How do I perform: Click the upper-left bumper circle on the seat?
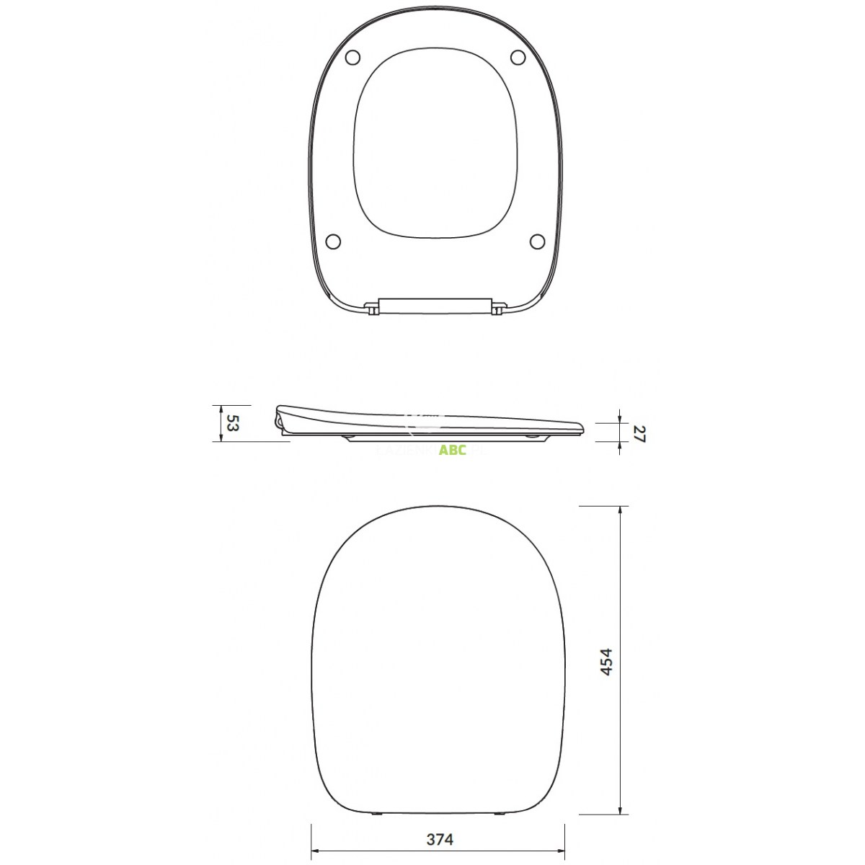(352, 57)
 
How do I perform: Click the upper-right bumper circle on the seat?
(517, 57)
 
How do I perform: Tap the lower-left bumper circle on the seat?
(333, 240)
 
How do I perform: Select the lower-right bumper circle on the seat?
(537, 240)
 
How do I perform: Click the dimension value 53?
(233, 422)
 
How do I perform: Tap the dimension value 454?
(608, 662)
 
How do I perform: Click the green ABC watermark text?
(453, 451)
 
